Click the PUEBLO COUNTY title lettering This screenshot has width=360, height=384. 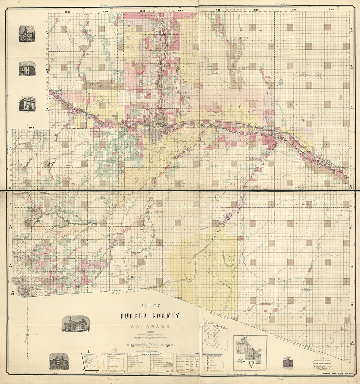pos(150,316)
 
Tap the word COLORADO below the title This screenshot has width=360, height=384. pos(150,327)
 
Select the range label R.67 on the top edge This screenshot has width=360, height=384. pos(68,12)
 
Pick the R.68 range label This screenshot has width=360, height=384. pos(31,128)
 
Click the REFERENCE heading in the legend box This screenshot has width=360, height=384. pos(150,355)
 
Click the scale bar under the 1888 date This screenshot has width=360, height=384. pos(150,337)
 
